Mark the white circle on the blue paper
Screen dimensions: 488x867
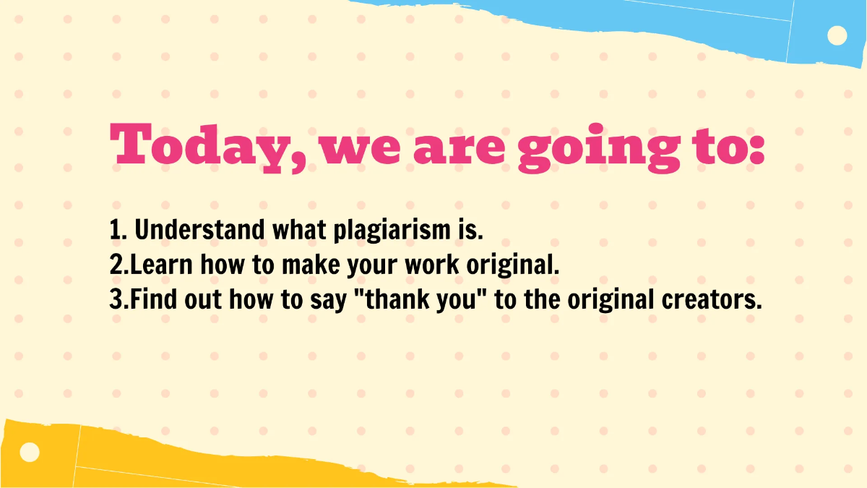tap(837, 35)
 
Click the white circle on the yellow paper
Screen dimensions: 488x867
tap(30, 453)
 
